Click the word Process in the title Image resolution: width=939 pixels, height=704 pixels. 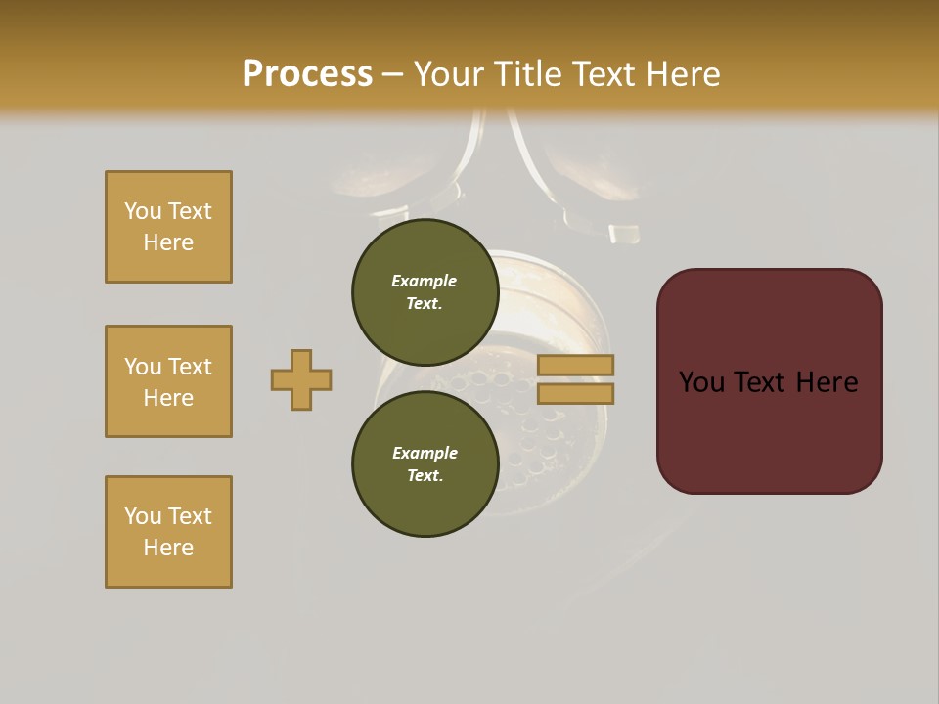point(307,74)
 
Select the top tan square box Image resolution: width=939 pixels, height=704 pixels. point(168,227)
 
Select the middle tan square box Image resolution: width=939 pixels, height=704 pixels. point(168,381)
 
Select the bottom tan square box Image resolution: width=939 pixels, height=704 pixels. point(168,532)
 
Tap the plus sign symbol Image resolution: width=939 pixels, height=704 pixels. point(301,379)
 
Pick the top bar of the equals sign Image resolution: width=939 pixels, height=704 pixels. point(575,365)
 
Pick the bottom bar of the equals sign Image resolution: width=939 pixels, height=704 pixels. point(575,393)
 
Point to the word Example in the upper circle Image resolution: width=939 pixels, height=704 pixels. point(425,281)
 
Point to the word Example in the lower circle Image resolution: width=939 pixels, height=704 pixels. point(425,453)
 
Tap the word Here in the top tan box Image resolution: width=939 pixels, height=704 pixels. point(168,242)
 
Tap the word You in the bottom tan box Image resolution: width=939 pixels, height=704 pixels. point(143,516)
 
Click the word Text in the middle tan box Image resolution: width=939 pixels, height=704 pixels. point(190,367)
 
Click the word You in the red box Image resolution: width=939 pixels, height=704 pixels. point(702,382)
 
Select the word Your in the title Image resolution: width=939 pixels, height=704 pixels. point(446,74)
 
